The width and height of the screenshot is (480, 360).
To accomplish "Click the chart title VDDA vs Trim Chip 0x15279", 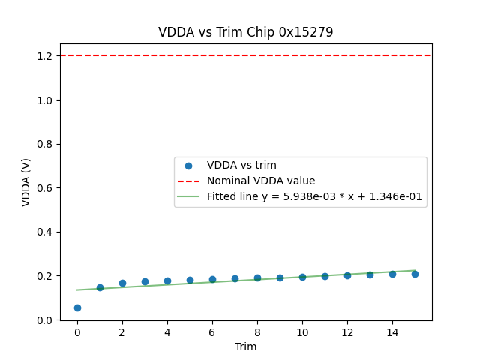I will coord(245,32).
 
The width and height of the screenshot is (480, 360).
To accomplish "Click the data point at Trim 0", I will coord(77,307).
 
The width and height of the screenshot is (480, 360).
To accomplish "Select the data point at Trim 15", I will coord(415,274).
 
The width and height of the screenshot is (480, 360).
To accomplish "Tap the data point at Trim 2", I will coord(122,283).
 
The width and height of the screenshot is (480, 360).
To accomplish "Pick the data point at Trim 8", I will coord(257,277).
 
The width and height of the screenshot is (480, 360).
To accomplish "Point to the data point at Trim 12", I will coord(347,275).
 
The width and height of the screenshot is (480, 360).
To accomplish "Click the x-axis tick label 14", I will coord(392,331).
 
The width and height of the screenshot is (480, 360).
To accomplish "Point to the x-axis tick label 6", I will coord(212,331).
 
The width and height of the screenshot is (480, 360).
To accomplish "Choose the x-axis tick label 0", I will coord(77,331).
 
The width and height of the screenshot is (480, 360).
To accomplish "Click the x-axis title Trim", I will coord(245,346).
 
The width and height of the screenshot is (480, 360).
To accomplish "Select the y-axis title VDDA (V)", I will coord(26,182).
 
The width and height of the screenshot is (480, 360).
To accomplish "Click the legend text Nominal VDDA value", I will coord(261,181).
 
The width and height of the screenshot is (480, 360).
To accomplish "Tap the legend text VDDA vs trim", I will coord(241,165).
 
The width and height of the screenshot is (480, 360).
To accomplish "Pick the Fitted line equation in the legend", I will coord(314,197).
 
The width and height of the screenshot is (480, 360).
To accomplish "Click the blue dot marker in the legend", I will coord(188,166).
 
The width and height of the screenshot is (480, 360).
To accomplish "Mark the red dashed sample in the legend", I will coord(188,181).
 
